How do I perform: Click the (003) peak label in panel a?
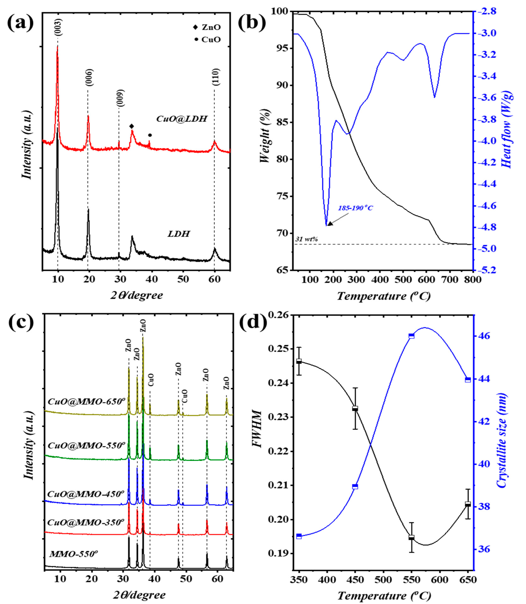pyautogui.click(x=58, y=27)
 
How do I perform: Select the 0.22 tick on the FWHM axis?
pyautogui.click(x=277, y=452)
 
